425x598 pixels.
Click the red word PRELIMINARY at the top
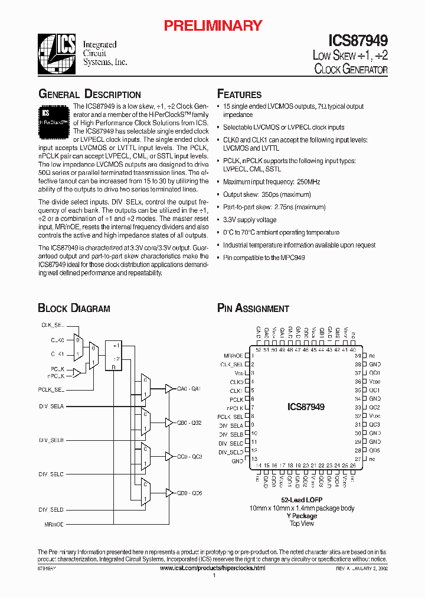(212, 25)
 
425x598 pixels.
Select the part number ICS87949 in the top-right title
(358, 41)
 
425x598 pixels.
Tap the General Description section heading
(89, 95)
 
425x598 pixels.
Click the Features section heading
(239, 95)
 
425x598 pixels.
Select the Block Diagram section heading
(74, 308)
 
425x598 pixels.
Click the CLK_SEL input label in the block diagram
(52, 325)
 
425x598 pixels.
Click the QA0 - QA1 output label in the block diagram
(189, 388)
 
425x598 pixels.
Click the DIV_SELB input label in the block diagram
(51, 440)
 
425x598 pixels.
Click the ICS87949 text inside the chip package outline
(306, 407)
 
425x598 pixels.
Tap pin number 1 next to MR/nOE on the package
(253, 356)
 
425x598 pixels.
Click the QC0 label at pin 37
(375, 373)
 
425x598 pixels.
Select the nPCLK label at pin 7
(235, 408)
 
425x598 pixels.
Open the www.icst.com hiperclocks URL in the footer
(212, 568)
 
